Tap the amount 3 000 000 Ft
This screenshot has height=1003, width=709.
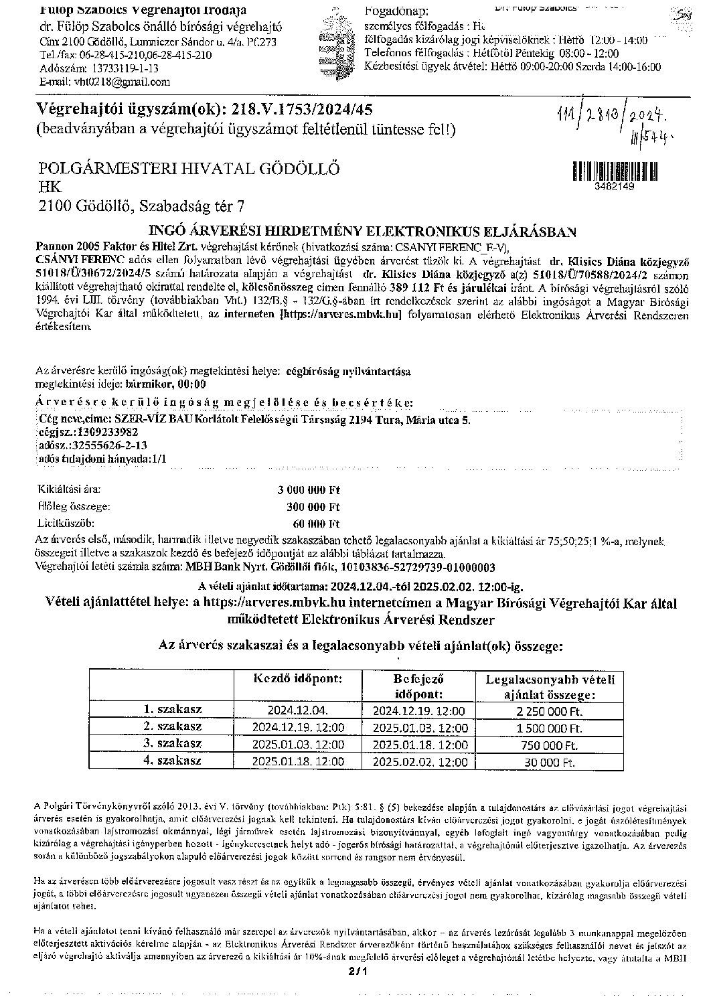coord(309,490)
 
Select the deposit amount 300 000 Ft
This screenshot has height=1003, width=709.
coord(313,507)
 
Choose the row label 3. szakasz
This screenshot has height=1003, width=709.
coord(172,744)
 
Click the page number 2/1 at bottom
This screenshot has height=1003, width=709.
coord(354,988)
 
